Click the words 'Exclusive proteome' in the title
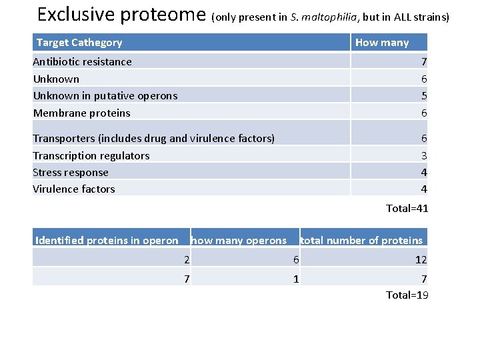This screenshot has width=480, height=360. click(122, 15)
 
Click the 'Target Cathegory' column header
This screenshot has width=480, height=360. click(79, 43)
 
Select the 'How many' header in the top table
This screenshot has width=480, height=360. click(382, 43)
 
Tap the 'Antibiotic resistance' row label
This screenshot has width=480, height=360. click(83, 62)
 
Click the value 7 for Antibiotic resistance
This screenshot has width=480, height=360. click(423, 62)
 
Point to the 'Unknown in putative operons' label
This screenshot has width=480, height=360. click(105, 96)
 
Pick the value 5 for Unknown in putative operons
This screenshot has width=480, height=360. click(423, 96)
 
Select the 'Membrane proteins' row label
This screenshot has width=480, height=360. click(82, 113)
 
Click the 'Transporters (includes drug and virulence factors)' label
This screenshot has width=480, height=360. click(154, 139)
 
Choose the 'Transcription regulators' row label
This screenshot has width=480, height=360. click(91, 156)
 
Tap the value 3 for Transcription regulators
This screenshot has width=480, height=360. click(423, 156)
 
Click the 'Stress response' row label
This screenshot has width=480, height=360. click(71, 173)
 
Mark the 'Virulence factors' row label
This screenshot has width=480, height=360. click(74, 189)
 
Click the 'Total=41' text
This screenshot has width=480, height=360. click(407, 209)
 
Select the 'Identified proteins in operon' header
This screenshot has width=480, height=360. click(107, 241)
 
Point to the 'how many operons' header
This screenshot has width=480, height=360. click(239, 241)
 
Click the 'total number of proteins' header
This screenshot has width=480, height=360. click(361, 241)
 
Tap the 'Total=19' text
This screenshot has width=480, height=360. click(407, 295)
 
